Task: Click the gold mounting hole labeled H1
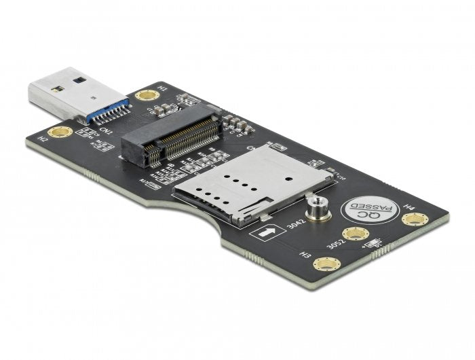click(x=145, y=95)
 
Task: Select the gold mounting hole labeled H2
click(x=60, y=130)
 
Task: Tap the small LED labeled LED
click(x=330, y=170)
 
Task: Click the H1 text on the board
click(x=161, y=88)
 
